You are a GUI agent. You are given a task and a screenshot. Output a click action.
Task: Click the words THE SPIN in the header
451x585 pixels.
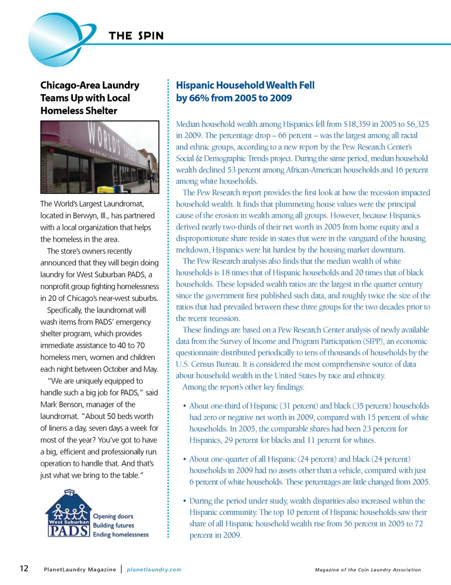(x=136, y=36)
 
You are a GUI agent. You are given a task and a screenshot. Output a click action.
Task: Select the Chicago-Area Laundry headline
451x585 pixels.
(x=90, y=98)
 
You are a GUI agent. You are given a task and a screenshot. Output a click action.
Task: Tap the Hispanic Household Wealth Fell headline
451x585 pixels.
(x=245, y=92)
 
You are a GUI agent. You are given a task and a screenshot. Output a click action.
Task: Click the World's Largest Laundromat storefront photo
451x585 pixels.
(x=100, y=157)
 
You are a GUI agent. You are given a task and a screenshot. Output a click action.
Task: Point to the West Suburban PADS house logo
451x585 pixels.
(x=69, y=514)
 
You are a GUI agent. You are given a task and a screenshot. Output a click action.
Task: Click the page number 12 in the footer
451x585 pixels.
(x=24, y=569)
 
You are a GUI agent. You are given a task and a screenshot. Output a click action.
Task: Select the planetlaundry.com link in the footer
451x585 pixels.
(x=154, y=569)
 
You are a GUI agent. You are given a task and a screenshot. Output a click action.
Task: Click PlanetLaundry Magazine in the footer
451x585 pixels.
(x=80, y=569)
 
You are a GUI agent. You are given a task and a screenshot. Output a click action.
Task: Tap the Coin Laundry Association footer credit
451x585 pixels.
(x=368, y=569)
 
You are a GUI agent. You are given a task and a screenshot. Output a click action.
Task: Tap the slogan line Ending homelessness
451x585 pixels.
(x=121, y=535)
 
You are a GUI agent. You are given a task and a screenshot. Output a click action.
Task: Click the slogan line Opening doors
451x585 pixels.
(x=113, y=516)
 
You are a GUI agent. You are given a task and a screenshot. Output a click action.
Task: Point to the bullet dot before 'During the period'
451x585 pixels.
(x=185, y=501)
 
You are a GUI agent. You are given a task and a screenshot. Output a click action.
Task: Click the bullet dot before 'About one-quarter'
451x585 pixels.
(x=185, y=459)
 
